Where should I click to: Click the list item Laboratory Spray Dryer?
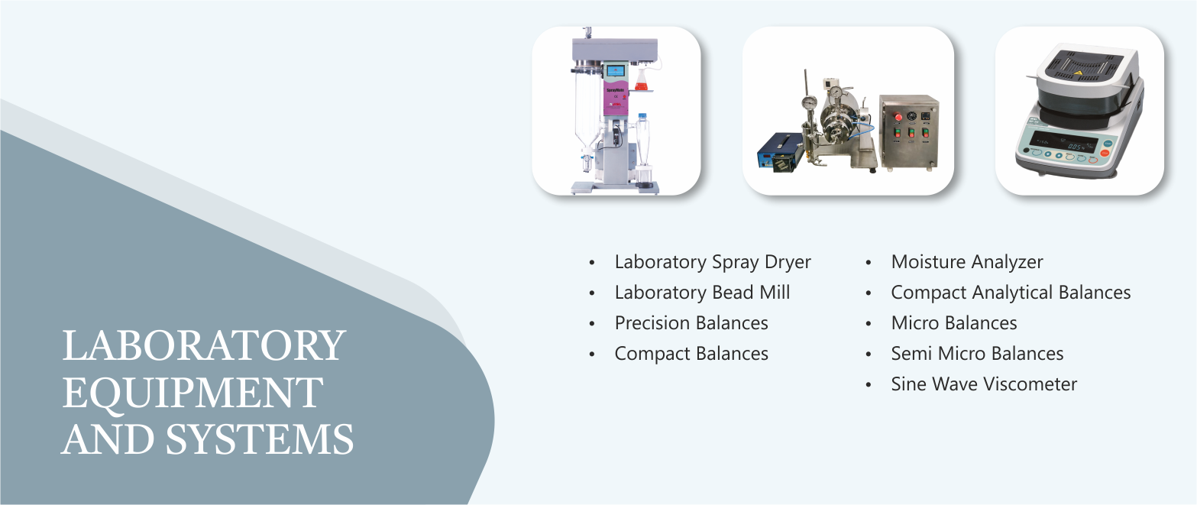(713, 262)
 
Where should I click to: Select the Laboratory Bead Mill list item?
(702, 293)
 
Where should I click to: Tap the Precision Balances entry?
(691, 322)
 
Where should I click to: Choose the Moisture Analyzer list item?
(966, 262)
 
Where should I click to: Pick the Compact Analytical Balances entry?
(1011, 293)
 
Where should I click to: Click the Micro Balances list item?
(954, 322)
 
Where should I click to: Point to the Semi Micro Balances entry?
(977, 353)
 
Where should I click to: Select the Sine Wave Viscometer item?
(984, 384)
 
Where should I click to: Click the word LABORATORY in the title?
(204, 346)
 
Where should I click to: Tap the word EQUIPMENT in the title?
(192, 393)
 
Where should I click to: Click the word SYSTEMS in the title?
(259, 439)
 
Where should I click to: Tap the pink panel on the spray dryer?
(616, 98)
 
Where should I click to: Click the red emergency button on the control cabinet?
(898, 117)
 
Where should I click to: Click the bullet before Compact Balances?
(591, 354)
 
